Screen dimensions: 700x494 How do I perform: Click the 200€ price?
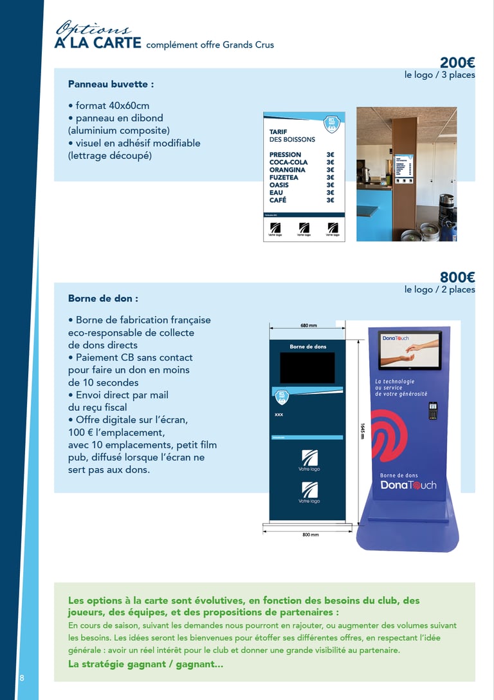click(x=457, y=62)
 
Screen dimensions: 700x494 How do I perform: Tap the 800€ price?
click(x=457, y=278)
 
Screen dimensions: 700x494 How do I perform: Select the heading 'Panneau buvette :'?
click(x=111, y=84)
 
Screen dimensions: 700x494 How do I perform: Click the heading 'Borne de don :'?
click(x=103, y=299)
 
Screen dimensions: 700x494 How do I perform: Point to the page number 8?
click(x=22, y=678)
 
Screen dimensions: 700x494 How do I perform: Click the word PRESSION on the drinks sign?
click(x=285, y=155)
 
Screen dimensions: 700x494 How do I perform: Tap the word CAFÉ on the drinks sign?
click(x=278, y=200)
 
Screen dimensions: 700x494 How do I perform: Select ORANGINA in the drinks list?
click(x=287, y=170)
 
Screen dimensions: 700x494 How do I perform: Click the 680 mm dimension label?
click(x=309, y=325)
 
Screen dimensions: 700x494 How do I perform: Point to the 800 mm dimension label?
click(x=311, y=534)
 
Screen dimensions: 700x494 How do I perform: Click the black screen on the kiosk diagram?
click(x=307, y=368)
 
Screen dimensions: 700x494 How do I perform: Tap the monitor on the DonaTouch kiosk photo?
click(x=410, y=350)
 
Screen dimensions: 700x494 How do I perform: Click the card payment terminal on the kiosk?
click(x=433, y=411)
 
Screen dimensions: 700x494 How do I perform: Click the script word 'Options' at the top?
click(x=93, y=29)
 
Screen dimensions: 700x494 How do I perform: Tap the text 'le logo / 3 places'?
click(x=439, y=75)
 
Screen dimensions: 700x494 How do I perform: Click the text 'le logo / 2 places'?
click(x=439, y=290)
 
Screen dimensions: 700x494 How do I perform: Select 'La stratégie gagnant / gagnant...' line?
click(x=145, y=664)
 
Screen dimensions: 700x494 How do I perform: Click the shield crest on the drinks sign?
click(x=332, y=122)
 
